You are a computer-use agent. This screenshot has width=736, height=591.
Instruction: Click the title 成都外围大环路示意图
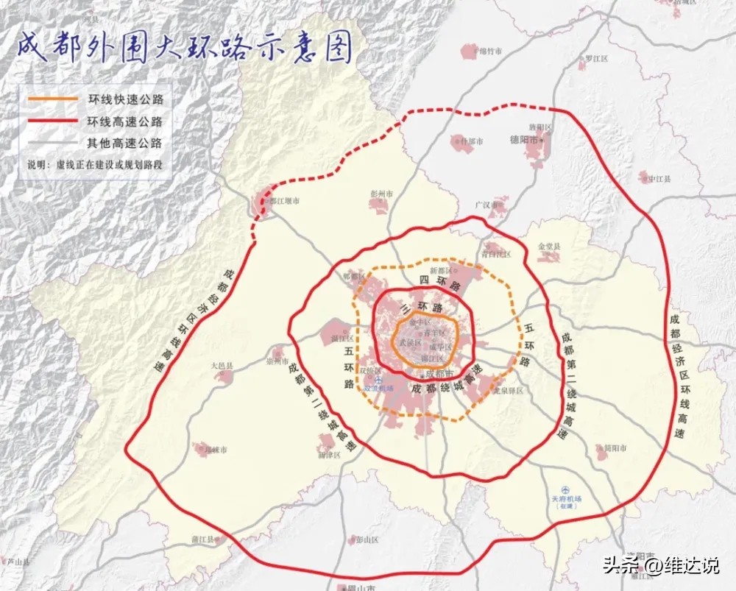click(184, 49)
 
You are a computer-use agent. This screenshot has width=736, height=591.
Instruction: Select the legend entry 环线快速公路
click(125, 98)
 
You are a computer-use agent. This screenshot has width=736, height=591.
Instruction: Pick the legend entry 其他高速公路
click(125, 143)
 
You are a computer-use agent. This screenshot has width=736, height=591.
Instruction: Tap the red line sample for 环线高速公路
click(52, 121)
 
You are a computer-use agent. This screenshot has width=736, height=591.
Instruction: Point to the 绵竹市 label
click(491, 51)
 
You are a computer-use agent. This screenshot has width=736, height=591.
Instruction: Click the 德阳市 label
click(525, 139)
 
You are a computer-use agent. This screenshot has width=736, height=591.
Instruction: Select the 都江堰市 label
click(284, 199)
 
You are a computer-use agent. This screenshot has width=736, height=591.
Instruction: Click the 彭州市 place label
click(381, 194)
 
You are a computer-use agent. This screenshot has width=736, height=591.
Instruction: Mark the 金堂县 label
click(550, 246)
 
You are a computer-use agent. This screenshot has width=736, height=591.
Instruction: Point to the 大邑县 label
click(222, 365)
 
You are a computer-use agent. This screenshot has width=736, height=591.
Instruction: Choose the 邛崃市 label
click(215, 450)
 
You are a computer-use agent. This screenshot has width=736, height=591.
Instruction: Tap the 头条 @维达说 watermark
click(662, 566)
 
